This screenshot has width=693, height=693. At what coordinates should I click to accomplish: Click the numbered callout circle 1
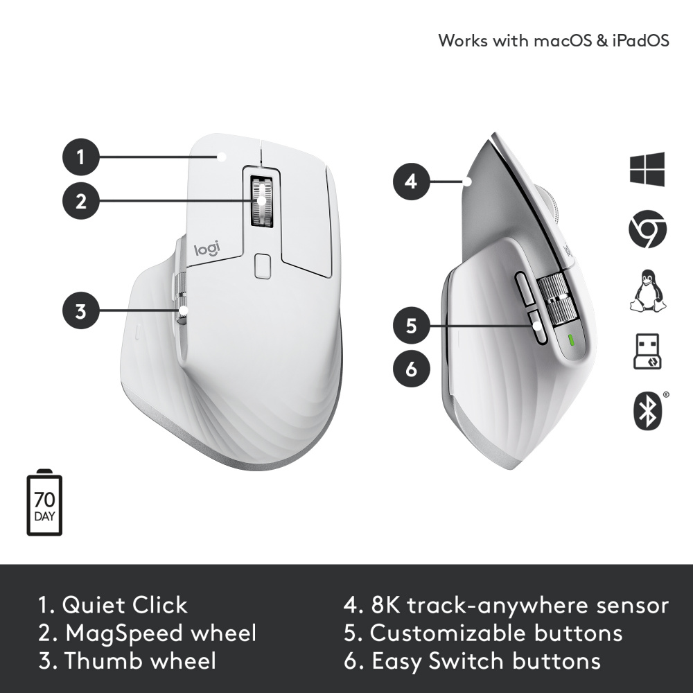(x=80, y=157)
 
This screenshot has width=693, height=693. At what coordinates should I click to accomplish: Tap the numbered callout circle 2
(x=80, y=201)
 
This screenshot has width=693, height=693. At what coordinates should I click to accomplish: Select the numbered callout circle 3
(x=80, y=310)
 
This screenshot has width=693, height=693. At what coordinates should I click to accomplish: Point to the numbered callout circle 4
(x=412, y=181)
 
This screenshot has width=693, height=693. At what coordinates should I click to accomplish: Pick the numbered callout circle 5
(x=412, y=326)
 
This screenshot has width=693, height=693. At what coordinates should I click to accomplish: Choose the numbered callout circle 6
(x=412, y=368)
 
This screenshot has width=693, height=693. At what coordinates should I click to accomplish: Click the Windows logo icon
(x=647, y=169)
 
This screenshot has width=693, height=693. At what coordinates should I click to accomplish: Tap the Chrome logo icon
(x=647, y=229)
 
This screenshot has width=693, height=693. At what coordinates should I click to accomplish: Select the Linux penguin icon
(x=647, y=290)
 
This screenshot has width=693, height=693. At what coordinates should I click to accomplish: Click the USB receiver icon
(x=647, y=351)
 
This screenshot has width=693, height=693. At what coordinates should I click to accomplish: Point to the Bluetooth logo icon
(x=649, y=410)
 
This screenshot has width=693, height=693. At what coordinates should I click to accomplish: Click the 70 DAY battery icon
(x=44, y=502)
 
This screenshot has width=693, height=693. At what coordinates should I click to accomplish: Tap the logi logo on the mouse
(x=207, y=249)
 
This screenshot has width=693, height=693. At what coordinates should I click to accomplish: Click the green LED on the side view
(x=570, y=341)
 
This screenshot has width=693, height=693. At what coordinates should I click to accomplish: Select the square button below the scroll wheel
(x=263, y=265)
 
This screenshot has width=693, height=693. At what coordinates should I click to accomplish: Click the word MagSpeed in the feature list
(x=119, y=634)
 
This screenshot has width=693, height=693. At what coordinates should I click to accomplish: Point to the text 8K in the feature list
(x=385, y=605)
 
